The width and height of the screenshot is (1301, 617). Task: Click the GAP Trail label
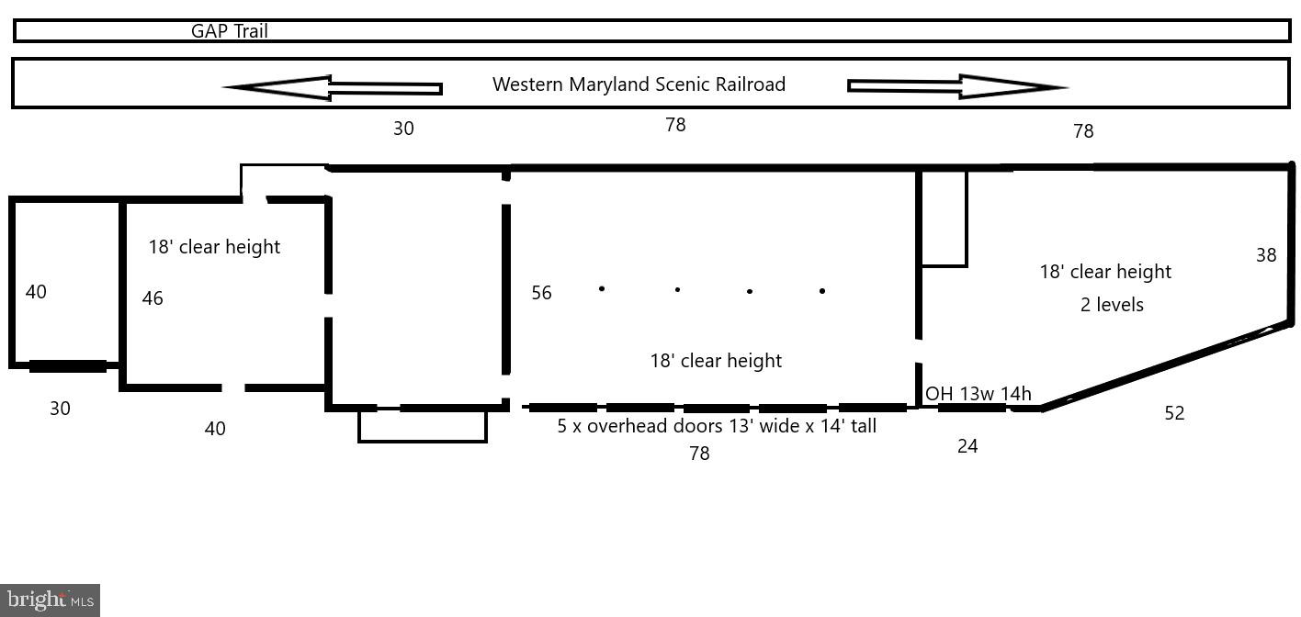tap(230, 31)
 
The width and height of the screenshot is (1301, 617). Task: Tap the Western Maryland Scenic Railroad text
tap(639, 84)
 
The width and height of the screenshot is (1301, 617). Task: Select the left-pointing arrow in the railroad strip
tap(333, 87)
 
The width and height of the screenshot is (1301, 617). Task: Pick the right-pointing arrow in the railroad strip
tap(957, 86)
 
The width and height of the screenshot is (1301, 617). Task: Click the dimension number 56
tap(541, 293)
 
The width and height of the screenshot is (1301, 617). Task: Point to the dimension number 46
tap(153, 298)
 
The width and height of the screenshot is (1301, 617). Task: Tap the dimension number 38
tap(1266, 255)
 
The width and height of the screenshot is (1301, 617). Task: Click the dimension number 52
tap(1174, 412)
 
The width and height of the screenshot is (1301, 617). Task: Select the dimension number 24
tap(967, 446)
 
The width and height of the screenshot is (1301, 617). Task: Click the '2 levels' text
tap(1112, 305)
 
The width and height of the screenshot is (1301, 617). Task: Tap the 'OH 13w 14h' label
tap(979, 394)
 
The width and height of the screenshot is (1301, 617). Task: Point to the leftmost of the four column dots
tap(602, 288)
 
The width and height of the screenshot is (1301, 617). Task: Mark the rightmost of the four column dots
tap(821, 291)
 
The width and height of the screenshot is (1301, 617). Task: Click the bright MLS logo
tap(50, 600)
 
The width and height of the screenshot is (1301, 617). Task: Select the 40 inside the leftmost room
tap(36, 291)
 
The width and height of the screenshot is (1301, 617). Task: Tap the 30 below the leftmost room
tap(60, 409)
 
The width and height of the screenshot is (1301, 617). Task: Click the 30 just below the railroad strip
tap(403, 129)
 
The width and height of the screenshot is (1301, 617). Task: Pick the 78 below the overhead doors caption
tap(699, 454)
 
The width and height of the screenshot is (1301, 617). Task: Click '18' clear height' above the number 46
tap(214, 247)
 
